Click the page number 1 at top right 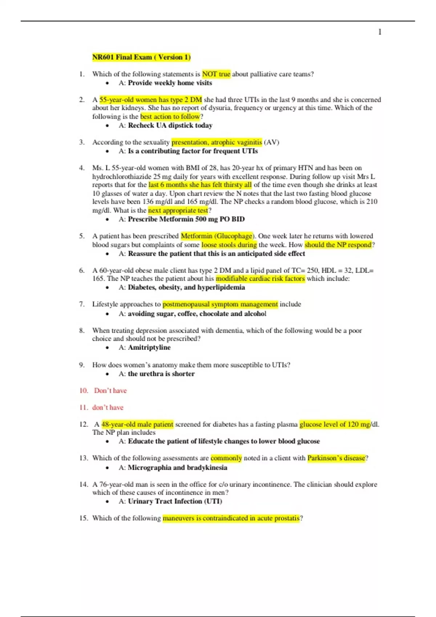click(x=380, y=32)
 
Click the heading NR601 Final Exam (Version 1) click(x=141, y=57)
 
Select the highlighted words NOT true click(x=216, y=74)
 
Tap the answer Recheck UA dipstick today click(x=170, y=126)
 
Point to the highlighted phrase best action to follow click(x=170, y=117)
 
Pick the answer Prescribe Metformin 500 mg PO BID click(x=186, y=219)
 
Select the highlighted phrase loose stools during click(x=229, y=245)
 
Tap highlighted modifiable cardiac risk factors click(x=260, y=279)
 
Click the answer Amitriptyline click(x=149, y=347)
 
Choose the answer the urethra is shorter click(x=161, y=374)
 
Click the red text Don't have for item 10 click(x=110, y=391)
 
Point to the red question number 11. click(x=83, y=408)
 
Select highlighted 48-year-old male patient click(x=137, y=424)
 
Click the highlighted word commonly click(x=226, y=458)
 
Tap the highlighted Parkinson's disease click(x=336, y=458)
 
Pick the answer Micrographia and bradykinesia click(x=177, y=467)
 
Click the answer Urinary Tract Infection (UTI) click(x=175, y=501)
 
